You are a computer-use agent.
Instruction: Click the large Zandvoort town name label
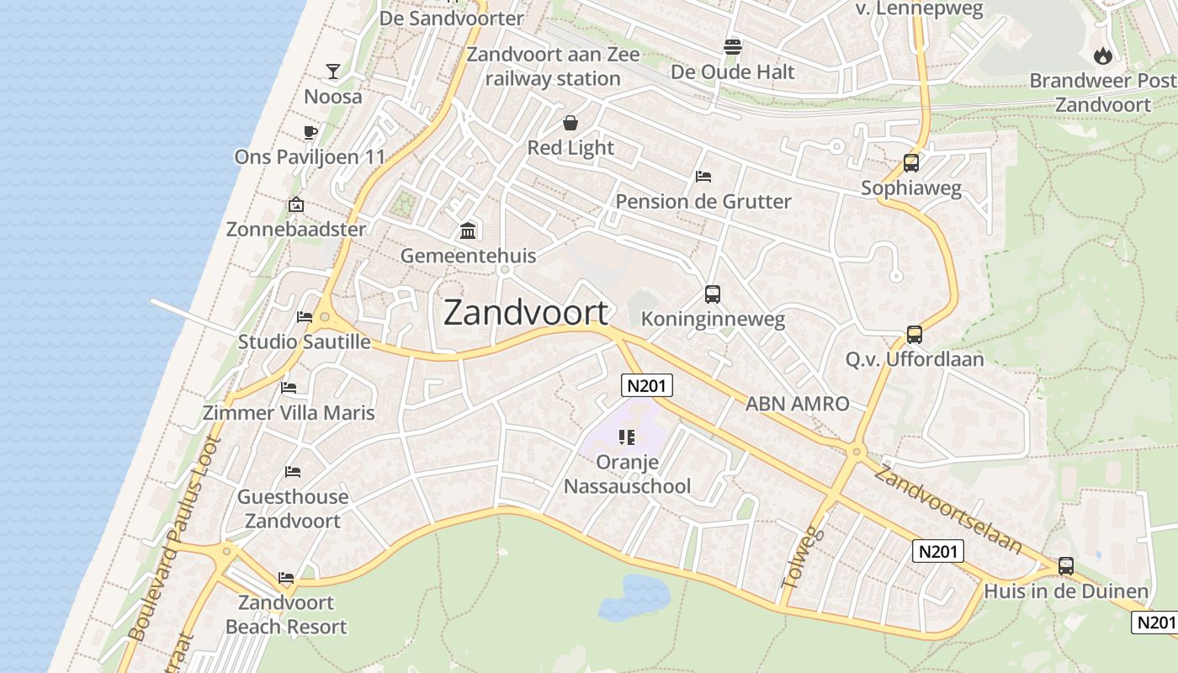coord(525,312)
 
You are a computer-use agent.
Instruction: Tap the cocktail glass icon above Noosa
coord(333,72)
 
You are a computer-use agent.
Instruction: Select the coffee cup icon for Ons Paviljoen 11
coord(310,131)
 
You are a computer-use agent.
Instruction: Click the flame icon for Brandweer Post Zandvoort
coord(1102,56)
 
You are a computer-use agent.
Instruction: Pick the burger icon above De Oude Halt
coord(733,46)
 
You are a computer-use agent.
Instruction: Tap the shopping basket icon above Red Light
coord(570,123)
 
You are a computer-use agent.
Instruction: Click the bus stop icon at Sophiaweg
coord(910,163)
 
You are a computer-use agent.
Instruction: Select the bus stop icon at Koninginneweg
coord(713,294)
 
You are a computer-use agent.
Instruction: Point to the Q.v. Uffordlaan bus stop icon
coord(915,335)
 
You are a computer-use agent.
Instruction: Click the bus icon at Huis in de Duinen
coord(1066,566)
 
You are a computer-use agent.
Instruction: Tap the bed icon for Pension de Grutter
coord(703,177)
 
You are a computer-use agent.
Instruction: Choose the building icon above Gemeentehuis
coord(468,231)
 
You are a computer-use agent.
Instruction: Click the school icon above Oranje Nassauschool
coord(626,437)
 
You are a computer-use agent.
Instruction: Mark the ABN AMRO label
coord(797,404)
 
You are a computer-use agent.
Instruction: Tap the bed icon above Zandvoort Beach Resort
coord(286,578)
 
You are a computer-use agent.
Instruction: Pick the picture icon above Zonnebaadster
coord(295,204)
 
